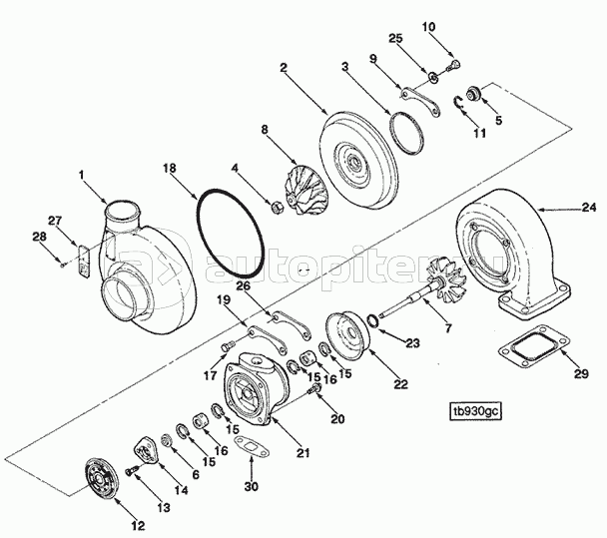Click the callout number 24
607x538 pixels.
(x=590, y=208)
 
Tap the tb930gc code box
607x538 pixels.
(x=475, y=411)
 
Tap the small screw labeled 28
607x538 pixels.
(x=63, y=266)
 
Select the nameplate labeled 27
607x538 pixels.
(x=84, y=261)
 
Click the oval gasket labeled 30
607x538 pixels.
(x=252, y=447)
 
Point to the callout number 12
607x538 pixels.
(x=138, y=526)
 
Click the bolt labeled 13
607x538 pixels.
(x=131, y=471)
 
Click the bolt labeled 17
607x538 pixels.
(x=228, y=345)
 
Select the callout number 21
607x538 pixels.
(x=303, y=452)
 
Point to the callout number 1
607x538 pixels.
(x=81, y=175)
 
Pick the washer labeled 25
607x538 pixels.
(x=433, y=78)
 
